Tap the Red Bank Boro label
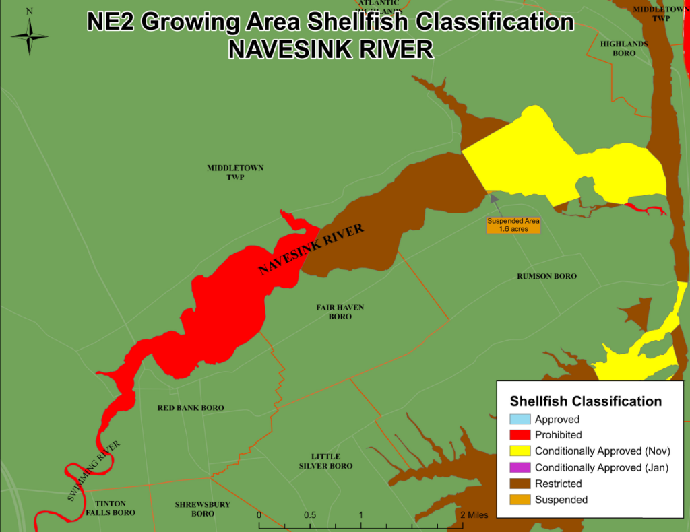coord(191,408)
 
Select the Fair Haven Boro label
coord(340,312)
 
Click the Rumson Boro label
coord(546,277)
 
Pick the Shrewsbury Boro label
coord(202,508)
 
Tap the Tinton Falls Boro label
coord(115,508)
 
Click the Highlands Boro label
coord(623,48)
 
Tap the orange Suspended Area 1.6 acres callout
coord(513,225)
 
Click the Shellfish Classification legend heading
coord(586,401)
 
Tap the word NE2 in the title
coord(111,22)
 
